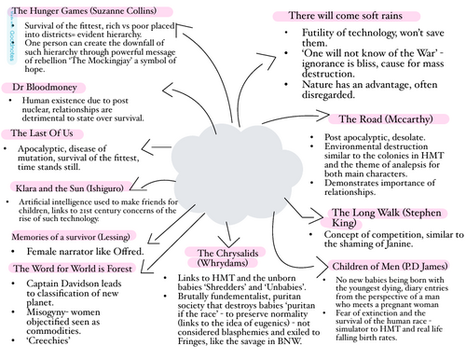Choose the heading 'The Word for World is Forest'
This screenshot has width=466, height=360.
71,269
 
